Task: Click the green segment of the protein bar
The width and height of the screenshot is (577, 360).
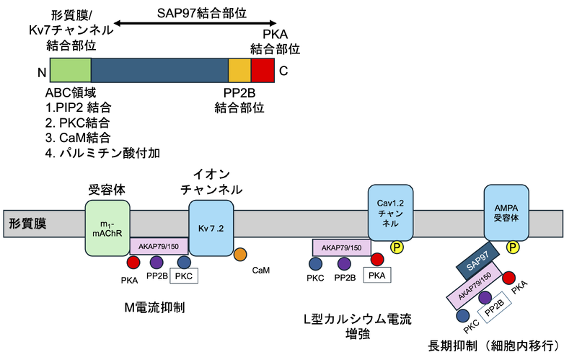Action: pyautogui.click(x=71, y=69)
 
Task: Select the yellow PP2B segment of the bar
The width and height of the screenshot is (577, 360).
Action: pyautogui.click(x=239, y=69)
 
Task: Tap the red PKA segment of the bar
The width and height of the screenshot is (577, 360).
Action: pyautogui.click(x=263, y=69)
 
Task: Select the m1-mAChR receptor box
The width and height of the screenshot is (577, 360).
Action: pyautogui.click(x=107, y=227)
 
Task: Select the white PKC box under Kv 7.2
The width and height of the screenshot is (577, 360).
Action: pyautogui.click(x=183, y=276)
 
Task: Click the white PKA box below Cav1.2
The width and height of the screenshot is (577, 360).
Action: pyautogui.click(x=376, y=275)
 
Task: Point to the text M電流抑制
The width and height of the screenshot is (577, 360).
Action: pyautogui.click(x=154, y=308)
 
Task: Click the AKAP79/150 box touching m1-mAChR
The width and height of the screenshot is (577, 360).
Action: pyautogui.click(x=159, y=246)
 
